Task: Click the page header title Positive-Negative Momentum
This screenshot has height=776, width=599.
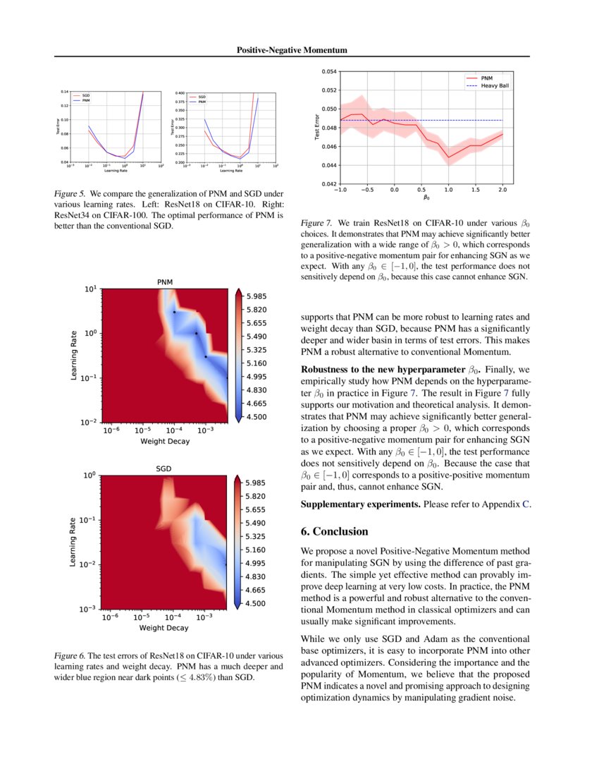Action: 292,51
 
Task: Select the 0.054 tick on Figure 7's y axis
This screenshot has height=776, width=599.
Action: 328,71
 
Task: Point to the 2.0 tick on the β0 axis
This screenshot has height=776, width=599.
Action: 502,190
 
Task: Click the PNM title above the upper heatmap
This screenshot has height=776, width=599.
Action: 164,282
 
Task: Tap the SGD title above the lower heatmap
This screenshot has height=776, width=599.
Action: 164,468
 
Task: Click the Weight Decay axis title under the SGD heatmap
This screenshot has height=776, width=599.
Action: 164,627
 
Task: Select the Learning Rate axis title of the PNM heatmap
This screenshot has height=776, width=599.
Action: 74,356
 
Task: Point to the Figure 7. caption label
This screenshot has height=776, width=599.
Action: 317,222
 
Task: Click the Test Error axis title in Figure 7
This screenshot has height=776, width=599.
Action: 317,127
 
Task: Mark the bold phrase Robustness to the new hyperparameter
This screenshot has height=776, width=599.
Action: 383,369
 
